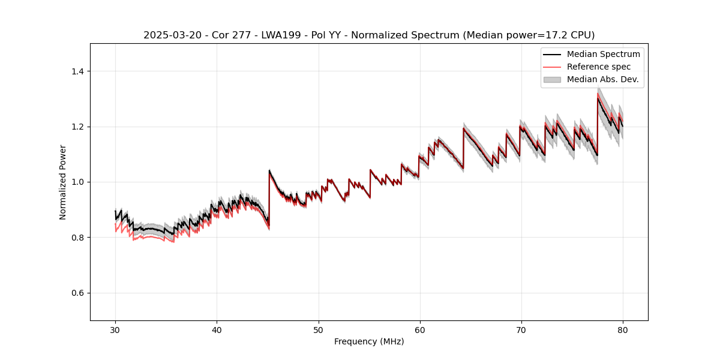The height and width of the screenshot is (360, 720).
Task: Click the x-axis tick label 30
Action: [115, 329]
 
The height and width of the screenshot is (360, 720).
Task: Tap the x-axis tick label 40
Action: [217, 329]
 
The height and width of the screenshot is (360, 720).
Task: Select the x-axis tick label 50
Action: [318, 329]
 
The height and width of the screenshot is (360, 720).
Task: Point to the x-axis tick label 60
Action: [420, 329]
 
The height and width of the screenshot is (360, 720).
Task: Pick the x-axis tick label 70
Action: [521, 329]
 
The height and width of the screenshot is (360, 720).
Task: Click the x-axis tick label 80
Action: [623, 329]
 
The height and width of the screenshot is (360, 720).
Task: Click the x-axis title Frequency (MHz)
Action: [369, 341]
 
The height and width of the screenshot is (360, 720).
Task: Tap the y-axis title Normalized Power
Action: [62, 182]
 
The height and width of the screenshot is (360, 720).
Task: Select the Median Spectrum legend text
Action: [603, 54]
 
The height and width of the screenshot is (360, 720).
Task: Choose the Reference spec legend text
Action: [599, 67]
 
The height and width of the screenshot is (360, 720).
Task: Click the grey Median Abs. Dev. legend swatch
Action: [552, 79]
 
